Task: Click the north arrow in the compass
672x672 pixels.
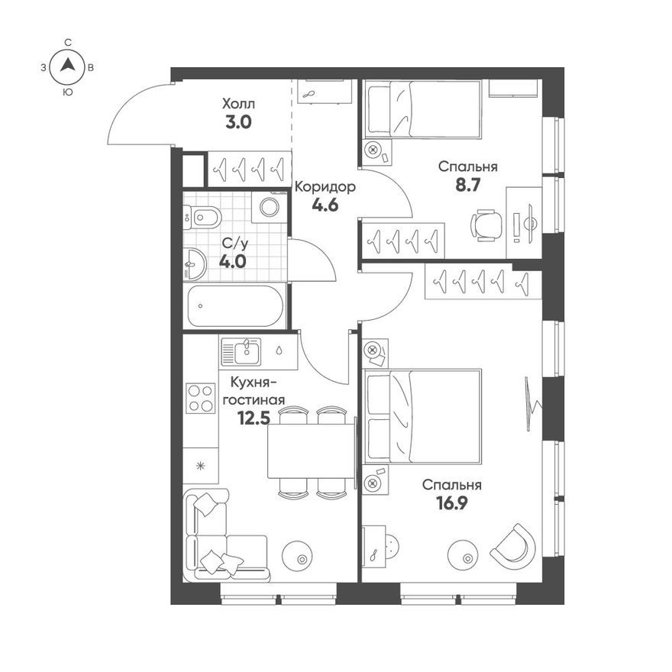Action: [x=67, y=65]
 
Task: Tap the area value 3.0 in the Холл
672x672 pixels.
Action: [x=238, y=123]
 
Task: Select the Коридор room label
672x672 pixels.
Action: [x=325, y=187]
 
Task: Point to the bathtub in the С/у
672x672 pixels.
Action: [x=235, y=306]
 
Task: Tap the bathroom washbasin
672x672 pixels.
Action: [x=195, y=264]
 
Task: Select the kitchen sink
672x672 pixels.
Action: [x=241, y=351]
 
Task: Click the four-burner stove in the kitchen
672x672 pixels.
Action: [x=200, y=398]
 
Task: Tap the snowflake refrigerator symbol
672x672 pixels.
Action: [x=200, y=466]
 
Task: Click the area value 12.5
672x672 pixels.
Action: [x=254, y=418]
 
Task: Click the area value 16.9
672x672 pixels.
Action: [x=452, y=503]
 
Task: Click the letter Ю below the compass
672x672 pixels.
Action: [x=67, y=92]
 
